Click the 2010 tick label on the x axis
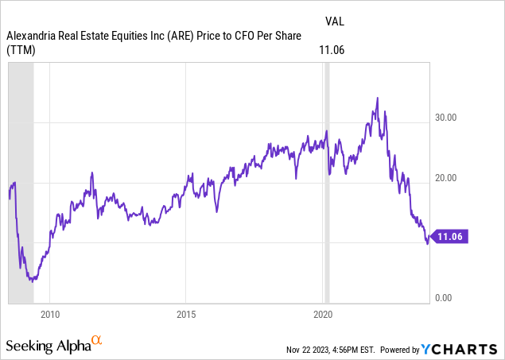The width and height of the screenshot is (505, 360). pos(50,314)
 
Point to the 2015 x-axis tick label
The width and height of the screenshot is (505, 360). pos(185,314)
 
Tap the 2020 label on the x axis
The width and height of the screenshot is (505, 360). pos(322,314)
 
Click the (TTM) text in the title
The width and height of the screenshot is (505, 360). pos(22,48)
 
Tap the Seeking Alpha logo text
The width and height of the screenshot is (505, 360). pos(48,346)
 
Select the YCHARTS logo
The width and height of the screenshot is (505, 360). pos(462,348)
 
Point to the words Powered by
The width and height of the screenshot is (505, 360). pos(402,349)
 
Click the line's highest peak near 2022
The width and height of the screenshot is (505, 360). pos(377,98)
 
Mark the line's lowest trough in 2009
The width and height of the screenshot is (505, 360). pos(30,281)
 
